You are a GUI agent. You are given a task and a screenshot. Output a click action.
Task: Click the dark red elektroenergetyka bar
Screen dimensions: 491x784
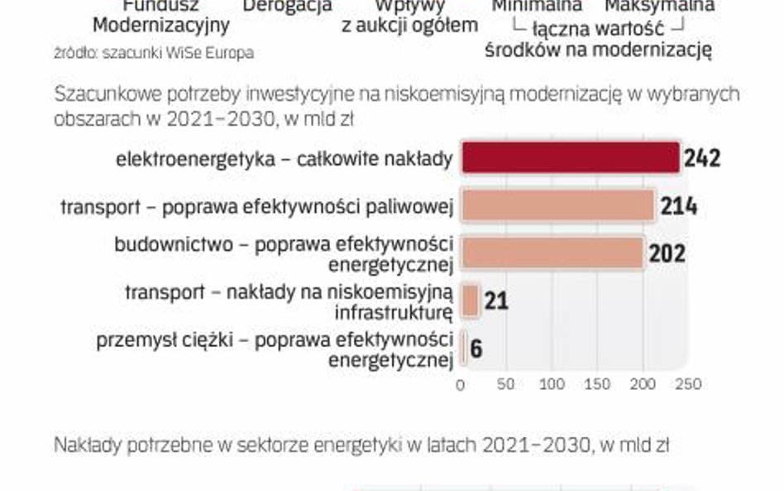[x=570, y=157]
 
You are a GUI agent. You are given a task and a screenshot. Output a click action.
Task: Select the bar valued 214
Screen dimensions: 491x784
[x=558, y=205]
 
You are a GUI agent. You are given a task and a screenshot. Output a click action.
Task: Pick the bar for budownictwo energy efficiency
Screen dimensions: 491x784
[x=552, y=253]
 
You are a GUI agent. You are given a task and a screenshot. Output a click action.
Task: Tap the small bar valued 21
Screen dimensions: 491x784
[x=471, y=301]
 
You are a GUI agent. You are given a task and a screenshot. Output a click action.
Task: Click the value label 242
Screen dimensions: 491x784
[x=702, y=157]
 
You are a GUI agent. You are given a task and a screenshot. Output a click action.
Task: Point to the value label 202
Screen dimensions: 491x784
[x=667, y=253]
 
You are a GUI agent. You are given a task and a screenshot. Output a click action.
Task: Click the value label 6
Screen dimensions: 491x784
[x=476, y=348]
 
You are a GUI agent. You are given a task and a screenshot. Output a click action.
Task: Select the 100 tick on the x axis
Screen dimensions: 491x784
[x=552, y=384]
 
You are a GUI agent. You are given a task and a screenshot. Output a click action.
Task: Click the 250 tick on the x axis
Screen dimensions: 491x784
[x=689, y=384]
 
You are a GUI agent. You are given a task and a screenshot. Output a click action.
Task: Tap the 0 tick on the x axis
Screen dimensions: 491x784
[x=461, y=384]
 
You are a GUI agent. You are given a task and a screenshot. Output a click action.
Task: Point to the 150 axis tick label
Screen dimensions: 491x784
[x=597, y=384]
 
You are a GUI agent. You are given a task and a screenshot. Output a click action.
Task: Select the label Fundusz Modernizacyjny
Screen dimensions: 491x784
[x=160, y=17]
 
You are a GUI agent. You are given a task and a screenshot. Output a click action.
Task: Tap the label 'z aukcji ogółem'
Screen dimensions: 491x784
[x=410, y=26]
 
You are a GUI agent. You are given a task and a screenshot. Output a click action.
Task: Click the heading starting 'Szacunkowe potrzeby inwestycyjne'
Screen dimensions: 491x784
[x=397, y=94]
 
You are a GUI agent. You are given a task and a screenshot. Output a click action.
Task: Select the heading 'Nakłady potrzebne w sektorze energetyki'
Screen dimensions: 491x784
[x=361, y=445]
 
